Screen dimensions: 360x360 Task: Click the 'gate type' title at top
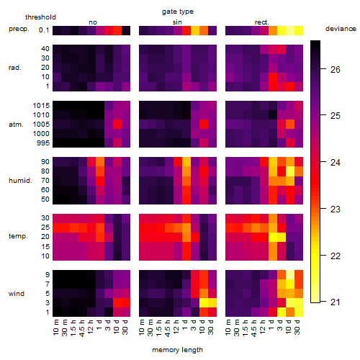coord(178,12)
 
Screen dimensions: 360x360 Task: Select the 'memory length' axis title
coord(177,350)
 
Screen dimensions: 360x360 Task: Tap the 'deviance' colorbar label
coord(341,29)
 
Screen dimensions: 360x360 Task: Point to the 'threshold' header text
coord(40,17)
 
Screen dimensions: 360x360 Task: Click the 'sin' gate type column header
coord(177,22)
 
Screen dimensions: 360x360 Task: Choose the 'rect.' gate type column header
coord(261,22)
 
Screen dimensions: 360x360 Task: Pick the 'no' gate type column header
coord(93,22)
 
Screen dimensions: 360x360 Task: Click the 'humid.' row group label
coord(20,180)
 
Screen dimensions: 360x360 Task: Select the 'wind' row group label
coord(17,293)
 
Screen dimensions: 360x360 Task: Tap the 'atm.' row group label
coord(16,125)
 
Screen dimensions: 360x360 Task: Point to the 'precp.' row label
coord(19,29)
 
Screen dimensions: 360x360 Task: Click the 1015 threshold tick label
coord(41,105)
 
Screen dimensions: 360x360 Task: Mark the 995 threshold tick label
coord(43,143)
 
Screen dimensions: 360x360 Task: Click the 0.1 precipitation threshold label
coord(44,30)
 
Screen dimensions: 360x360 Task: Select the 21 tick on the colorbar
coord(336,302)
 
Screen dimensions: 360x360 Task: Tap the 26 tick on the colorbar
coord(336,70)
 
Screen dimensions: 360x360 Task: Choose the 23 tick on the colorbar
coord(336,210)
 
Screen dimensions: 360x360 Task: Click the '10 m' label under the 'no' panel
coord(55,327)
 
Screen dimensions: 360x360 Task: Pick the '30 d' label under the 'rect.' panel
coord(297,327)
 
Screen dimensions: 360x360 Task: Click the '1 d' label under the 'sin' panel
coord(185,325)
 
